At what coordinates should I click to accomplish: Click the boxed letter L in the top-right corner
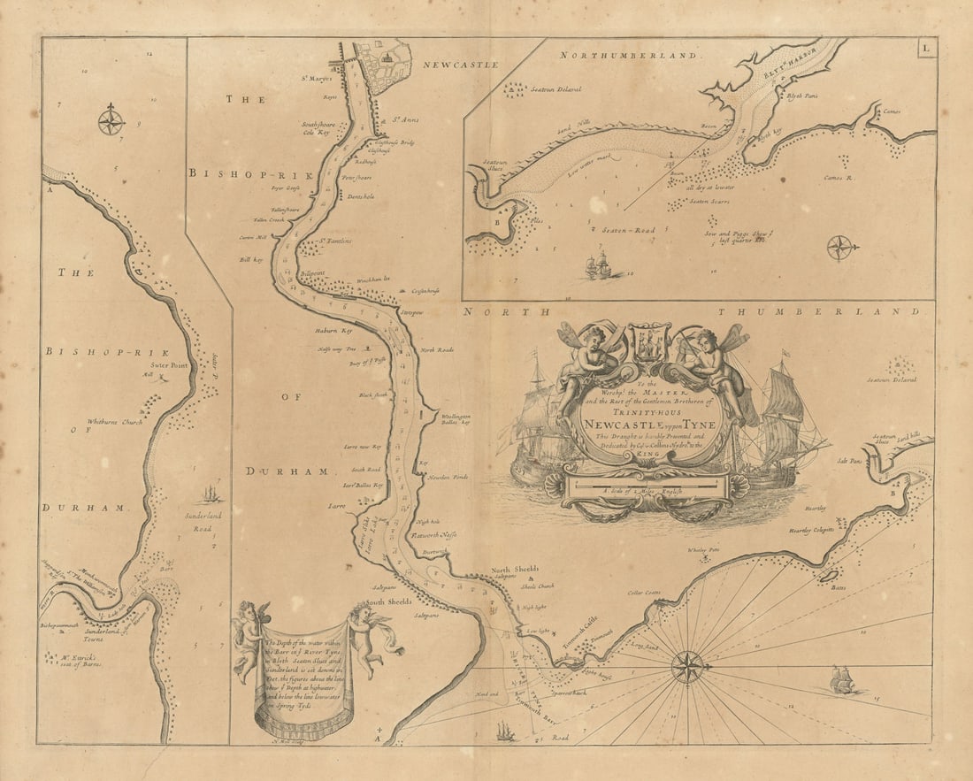point(924,49)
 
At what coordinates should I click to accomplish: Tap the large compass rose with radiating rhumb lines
point(687,666)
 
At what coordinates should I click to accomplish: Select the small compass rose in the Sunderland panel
point(111,120)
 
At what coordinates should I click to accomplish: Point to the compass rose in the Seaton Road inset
point(840,247)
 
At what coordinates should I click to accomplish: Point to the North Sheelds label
point(514,570)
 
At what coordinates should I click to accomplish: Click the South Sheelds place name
point(389,602)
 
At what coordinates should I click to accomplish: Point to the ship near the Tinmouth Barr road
point(504,731)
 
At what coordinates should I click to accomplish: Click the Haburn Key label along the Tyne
point(333,331)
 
